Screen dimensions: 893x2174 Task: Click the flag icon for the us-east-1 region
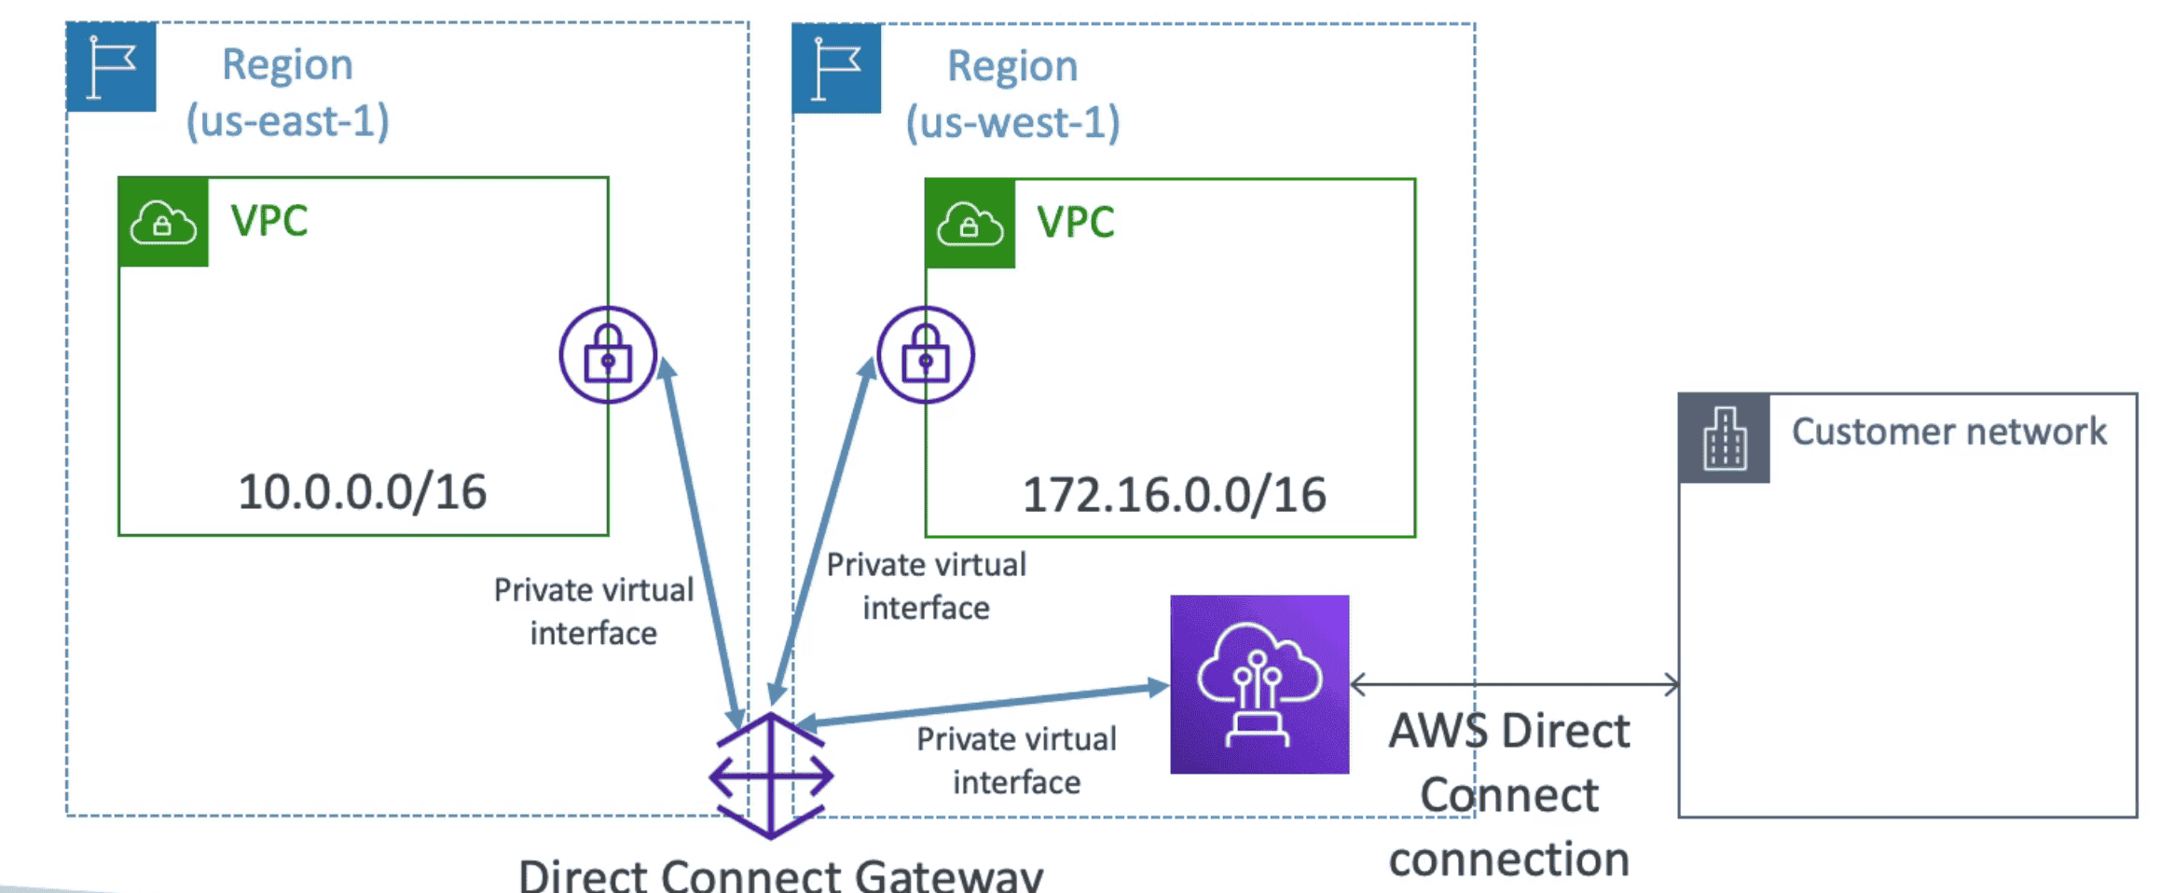(x=111, y=67)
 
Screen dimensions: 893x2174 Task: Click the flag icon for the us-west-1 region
(x=836, y=68)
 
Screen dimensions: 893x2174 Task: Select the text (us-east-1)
(x=287, y=121)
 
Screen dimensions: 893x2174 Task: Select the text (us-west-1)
(x=1012, y=123)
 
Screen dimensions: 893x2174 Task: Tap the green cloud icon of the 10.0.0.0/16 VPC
(x=163, y=223)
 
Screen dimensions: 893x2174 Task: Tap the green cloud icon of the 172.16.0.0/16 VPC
(x=970, y=224)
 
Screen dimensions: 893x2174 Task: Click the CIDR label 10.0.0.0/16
(x=362, y=492)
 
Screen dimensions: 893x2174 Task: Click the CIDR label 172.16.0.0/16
(x=1174, y=495)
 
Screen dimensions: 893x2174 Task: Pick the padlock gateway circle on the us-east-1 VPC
(x=608, y=355)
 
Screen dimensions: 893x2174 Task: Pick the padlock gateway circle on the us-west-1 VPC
(x=926, y=355)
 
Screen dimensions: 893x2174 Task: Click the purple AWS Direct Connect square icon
(x=1259, y=684)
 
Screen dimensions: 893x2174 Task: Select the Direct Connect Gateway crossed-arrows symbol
(x=771, y=776)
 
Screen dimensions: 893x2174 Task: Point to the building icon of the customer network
(x=1724, y=438)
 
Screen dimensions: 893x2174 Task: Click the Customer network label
(x=1948, y=432)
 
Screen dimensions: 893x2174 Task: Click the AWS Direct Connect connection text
(x=1508, y=794)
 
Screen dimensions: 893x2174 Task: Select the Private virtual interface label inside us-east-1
(x=594, y=611)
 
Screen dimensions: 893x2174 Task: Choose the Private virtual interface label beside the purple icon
(x=1016, y=761)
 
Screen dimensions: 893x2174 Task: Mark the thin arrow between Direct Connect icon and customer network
(x=1514, y=684)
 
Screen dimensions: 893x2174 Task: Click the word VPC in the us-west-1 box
(x=1075, y=223)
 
